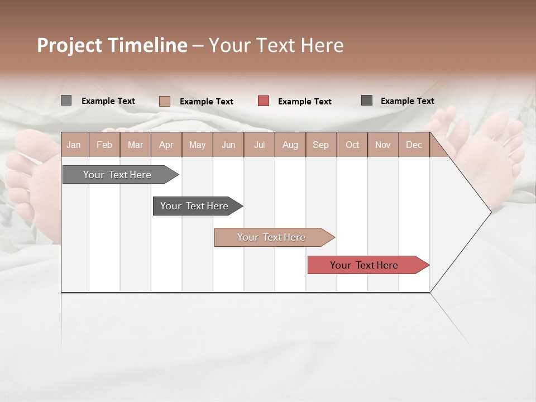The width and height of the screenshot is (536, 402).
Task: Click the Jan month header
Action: coord(74,145)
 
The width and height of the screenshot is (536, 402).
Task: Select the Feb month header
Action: coord(104,145)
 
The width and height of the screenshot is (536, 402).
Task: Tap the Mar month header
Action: coord(135,145)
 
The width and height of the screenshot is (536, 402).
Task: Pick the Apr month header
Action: coord(166,145)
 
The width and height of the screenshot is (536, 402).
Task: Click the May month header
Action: coord(197,145)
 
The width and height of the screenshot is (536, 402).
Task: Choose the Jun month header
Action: coord(228,145)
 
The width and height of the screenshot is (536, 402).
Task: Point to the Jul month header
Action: coord(259,145)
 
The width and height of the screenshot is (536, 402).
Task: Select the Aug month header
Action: coord(290,145)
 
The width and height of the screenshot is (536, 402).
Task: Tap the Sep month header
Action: coord(320,145)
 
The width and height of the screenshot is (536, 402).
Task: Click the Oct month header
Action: coord(352,145)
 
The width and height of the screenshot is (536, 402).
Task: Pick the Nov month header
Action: coord(383,145)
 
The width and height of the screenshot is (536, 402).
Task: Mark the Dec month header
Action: coord(414,145)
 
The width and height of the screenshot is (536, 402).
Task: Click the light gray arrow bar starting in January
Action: coord(118,175)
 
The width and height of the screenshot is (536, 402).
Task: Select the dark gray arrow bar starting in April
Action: coord(195,206)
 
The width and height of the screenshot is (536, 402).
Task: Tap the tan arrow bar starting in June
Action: coord(272,237)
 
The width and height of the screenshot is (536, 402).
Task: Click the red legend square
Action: coord(264,101)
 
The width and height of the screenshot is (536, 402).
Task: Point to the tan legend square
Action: coord(164,101)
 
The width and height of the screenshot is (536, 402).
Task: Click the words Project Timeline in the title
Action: coord(112,45)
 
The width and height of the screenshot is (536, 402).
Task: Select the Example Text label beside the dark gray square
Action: coord(407,101)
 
